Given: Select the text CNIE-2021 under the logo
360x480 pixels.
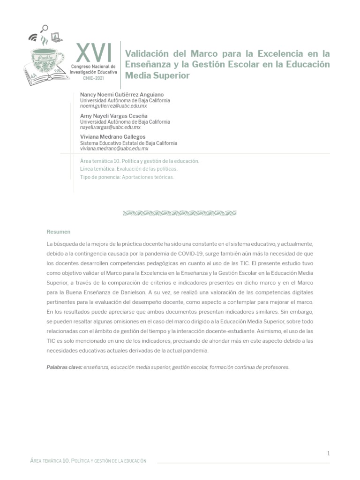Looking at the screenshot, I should (x=94, y=79).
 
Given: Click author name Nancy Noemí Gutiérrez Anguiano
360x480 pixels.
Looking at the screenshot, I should (x=122, y=95).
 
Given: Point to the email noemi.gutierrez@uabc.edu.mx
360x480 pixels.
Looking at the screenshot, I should (x=113, y=106).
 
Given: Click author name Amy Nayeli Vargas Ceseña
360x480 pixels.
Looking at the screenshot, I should (x=114, y=116).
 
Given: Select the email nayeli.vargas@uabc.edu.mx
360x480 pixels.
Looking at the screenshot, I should (x=110, y=127).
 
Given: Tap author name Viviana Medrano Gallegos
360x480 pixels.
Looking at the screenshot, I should (x=113, y=137).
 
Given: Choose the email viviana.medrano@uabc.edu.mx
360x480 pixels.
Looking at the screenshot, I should (x=114, y=149).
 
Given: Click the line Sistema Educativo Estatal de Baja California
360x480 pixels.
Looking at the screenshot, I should (x=128, y=143).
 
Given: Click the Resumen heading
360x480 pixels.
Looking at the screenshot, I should (x=59, y=232).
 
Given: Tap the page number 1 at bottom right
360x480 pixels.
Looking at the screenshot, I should (x=329, y=453).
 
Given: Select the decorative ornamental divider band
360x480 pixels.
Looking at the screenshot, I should (x=180, y=213).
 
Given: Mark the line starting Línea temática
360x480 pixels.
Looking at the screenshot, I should (x=129, y=169).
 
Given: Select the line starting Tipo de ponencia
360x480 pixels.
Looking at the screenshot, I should (x=127, y=177).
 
